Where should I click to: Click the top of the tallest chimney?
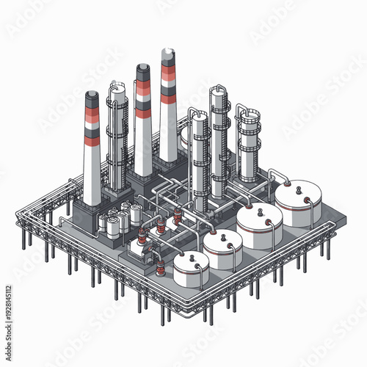point(168,52)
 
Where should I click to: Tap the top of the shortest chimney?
point(92,95)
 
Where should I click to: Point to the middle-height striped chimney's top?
point(142,68)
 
